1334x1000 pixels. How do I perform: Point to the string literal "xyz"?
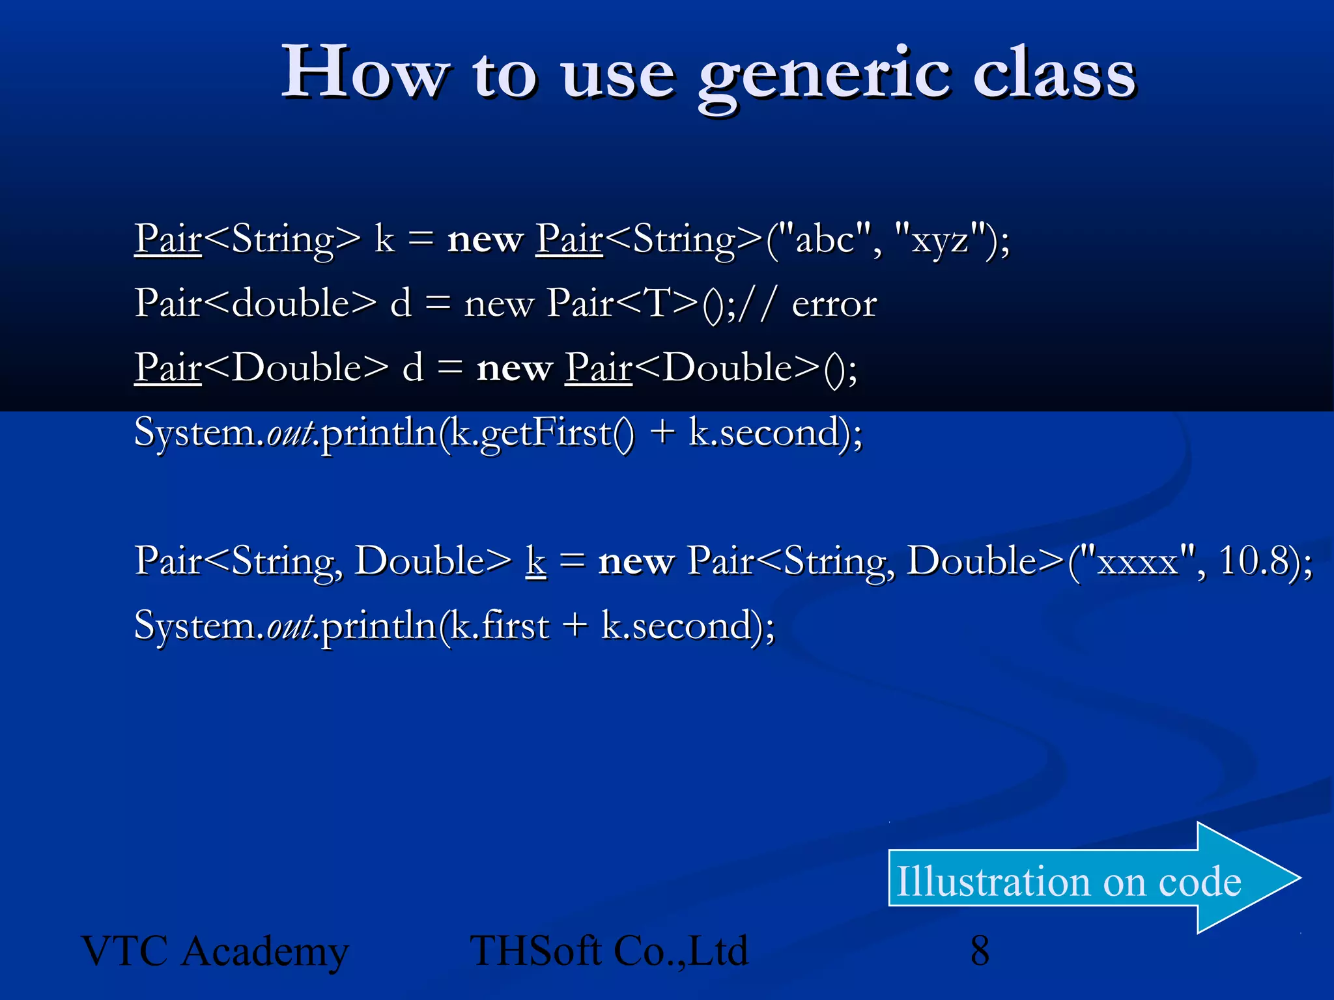tap(940, 240)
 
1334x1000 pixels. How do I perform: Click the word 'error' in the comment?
tap(834, 304)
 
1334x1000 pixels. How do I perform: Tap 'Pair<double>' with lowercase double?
tap(255, 303)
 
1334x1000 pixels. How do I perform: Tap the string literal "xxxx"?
tap(1137, 561)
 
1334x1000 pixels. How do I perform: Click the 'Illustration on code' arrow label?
tap(1068, 881)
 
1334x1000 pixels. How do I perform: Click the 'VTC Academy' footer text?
tap(215, 952)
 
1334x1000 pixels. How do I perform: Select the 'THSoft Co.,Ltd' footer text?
tap(609, 952)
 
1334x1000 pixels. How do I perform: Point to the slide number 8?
tap(980, 951)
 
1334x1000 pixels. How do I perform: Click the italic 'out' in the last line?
tap(290, 626)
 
